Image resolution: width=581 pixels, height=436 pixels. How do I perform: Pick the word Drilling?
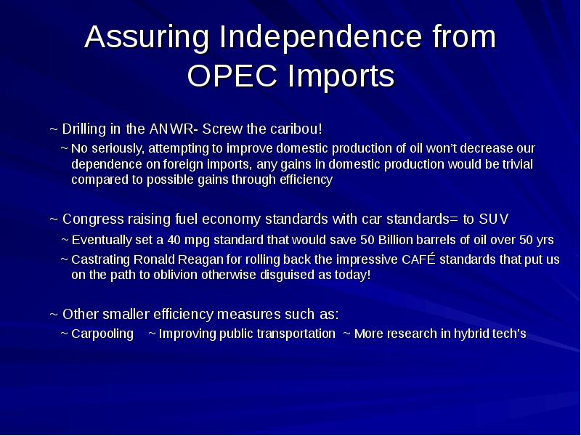[x=85, y=129]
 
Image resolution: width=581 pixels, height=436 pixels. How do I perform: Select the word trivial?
[x=515, y=164]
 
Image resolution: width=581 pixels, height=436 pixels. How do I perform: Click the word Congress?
[x=91, y=219]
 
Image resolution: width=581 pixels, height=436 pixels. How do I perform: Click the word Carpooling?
[x=102, y=334]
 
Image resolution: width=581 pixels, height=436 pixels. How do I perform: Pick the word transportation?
[x=288, y=334]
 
